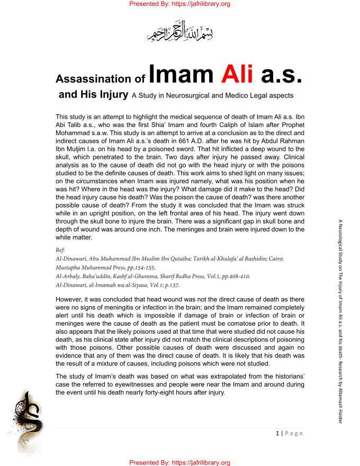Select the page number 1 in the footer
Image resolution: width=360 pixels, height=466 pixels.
tap(278, 433)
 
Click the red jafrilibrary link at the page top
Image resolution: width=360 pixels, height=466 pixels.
tap(180, 4)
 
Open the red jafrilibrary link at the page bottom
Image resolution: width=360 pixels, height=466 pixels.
tap(180, 462)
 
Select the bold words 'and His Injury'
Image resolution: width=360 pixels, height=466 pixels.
tap(93, 95)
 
